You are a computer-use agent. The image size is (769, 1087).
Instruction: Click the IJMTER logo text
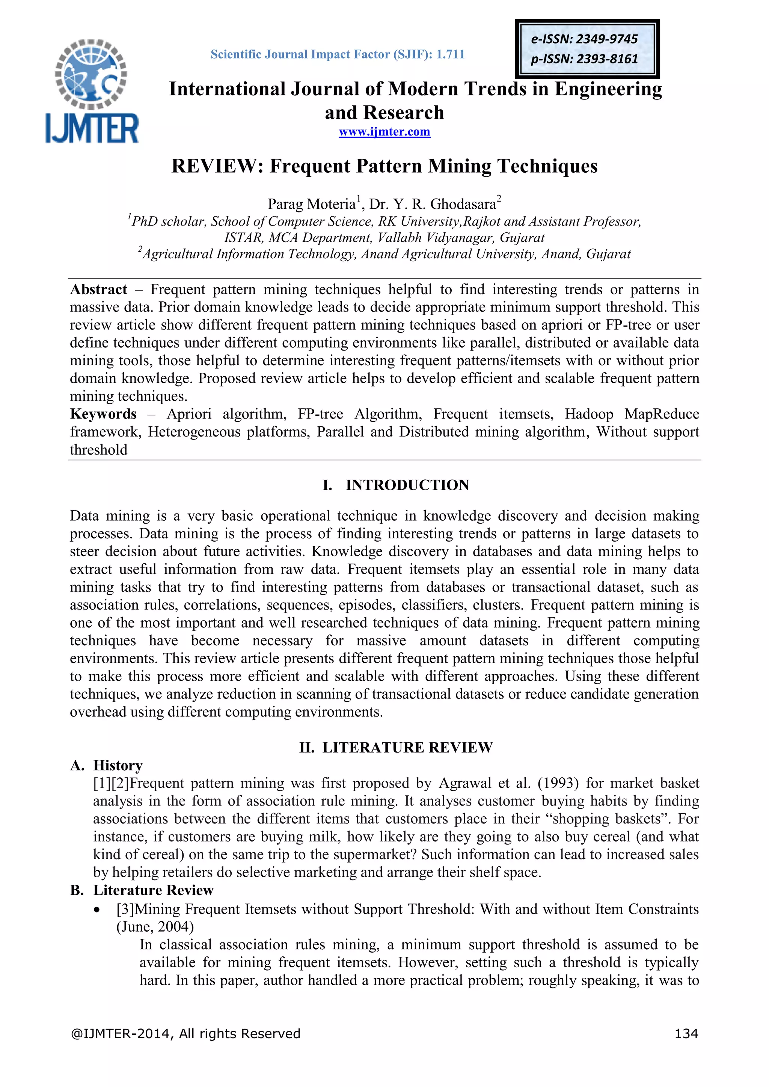[92, 128]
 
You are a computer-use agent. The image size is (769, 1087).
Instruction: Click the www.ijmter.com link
[384, 132]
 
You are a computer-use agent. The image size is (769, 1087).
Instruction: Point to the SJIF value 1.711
[450, 54]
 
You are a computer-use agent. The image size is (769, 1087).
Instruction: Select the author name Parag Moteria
[312, 204]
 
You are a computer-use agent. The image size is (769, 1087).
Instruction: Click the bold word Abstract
[98, 289]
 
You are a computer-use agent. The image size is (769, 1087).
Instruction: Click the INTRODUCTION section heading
[407, 485]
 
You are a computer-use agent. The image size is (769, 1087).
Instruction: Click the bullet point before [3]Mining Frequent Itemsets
[97, 910]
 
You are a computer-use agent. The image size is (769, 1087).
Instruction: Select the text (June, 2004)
[155, 926]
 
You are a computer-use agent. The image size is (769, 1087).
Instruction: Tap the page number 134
[686, 1033]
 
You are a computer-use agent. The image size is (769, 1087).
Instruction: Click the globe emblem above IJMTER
[91, 74]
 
